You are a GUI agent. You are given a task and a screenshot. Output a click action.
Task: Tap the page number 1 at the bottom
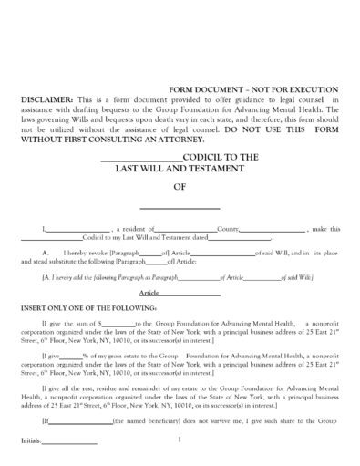click(x=180, y=441)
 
